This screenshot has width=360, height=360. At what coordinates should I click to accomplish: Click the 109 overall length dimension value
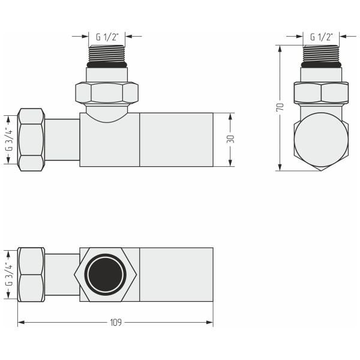coord(116,323)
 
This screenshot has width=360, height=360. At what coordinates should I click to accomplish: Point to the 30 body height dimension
coord(231,139)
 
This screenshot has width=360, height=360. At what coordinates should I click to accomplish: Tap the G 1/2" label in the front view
coord(107,37)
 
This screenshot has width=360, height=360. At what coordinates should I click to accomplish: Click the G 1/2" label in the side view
coord(321,37)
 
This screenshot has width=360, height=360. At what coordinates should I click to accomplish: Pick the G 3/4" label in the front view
coord(8,139)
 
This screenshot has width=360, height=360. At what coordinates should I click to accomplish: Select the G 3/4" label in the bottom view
coord(8,274)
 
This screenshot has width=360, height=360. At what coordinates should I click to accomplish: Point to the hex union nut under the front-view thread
coord(107,92)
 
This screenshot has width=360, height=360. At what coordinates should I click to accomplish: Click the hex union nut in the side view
coord(321,92)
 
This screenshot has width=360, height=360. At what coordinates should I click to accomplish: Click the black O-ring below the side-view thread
coord(321,64)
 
